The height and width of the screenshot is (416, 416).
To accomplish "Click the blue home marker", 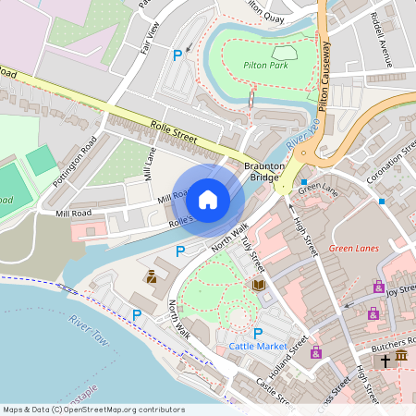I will pos(208,199).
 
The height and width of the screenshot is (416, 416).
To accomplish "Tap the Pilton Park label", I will pos(267,67).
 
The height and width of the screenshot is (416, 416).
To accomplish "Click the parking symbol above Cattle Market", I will pos(258,333).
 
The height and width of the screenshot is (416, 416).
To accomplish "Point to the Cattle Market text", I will pos(258,347).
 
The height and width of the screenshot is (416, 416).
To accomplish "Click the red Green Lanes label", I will pos(354,248).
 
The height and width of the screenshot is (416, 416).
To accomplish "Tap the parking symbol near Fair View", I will pos(177,55).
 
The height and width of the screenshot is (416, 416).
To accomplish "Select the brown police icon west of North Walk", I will pos(151,276).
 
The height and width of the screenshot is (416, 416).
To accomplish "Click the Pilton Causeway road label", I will pos(324,82).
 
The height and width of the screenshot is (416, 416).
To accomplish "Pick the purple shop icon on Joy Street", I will pos(378,288).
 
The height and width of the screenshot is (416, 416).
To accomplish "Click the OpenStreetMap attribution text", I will pos(92,410).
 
